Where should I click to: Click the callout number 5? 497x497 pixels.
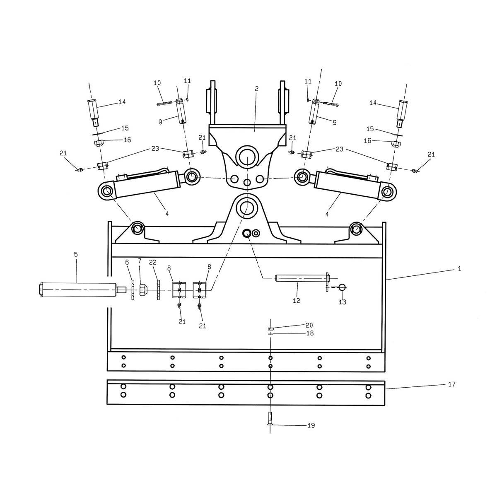click(75, 254)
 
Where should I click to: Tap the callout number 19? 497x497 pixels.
click(311, 426)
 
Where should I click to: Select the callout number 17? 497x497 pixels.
click(451, 384)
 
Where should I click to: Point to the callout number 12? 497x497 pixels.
click(297, 300)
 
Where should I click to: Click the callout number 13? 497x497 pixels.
click(342, 302)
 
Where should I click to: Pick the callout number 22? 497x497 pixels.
click(153, 263)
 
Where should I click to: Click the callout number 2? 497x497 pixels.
click(256, 89)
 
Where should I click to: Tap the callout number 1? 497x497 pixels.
click(459, 269)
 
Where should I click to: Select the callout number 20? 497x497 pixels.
click(309, 325)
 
